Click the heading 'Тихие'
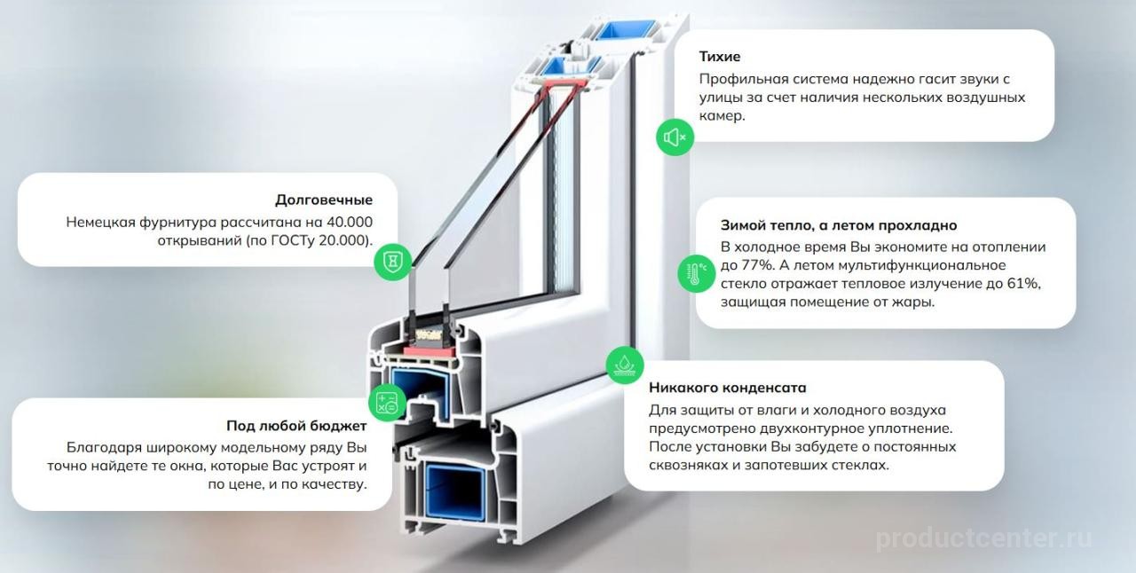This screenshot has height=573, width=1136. [719, 57]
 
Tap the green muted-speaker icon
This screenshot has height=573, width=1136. [674, 137]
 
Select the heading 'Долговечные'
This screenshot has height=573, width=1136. [323, 200]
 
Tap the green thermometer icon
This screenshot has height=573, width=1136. [696, 274]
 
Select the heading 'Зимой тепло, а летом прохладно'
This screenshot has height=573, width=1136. [839, 225]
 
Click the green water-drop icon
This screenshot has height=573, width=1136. [625, 365]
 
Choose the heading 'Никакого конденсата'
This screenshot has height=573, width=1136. [727, 388]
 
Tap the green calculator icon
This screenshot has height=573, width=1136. [387, 404]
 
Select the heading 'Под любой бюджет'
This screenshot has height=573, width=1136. [296, 426]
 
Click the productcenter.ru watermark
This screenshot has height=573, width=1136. [984, 537]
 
